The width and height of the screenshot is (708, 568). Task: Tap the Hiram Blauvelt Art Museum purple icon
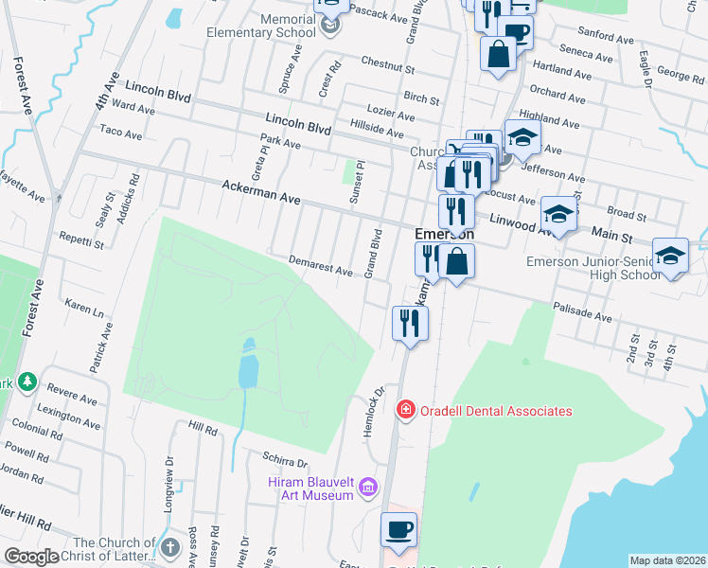point(368,488)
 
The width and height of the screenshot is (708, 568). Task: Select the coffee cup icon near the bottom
point(398,529)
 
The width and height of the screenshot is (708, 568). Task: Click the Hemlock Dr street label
point(370,410)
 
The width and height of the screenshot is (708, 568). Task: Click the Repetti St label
point(80,238)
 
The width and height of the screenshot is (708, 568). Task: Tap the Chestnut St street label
point(388,64)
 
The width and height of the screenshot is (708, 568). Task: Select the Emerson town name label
point(445,234)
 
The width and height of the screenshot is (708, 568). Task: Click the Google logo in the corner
point(31,557)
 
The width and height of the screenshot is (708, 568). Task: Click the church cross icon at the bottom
point(169,548)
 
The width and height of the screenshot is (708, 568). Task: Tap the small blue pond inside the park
point(248,364)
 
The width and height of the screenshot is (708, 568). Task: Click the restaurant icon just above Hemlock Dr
point(410,323)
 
